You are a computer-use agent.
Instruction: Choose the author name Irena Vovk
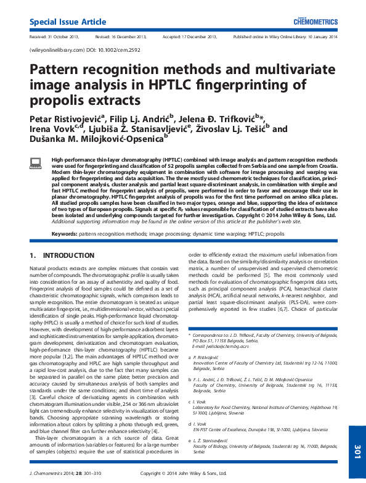point(51,130)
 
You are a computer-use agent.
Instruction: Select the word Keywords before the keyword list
point(64,234)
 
